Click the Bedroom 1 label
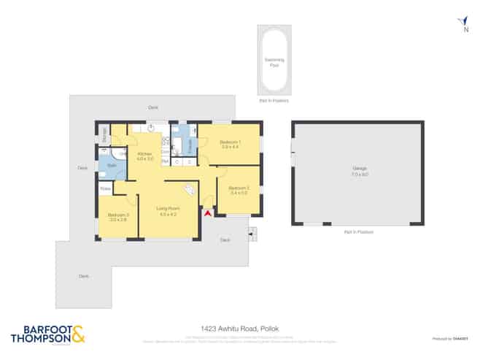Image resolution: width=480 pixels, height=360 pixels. click(231, 142)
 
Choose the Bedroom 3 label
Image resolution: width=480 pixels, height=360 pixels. click(118, 216)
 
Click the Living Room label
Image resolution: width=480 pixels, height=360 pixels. click(169, 211)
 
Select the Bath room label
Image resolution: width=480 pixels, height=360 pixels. click(112, 166)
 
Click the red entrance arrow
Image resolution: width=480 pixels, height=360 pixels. click(207, 213)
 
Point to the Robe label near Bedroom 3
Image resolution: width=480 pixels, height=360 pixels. click(106, 189)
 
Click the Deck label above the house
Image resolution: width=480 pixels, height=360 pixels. click(153, 107)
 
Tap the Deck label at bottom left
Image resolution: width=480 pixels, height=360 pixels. click(84, 275)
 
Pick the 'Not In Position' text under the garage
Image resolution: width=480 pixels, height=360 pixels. click(358, 231)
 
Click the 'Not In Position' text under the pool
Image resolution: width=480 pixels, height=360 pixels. click(274, 101)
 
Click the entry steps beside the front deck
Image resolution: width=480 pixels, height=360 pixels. click(252, 234)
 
